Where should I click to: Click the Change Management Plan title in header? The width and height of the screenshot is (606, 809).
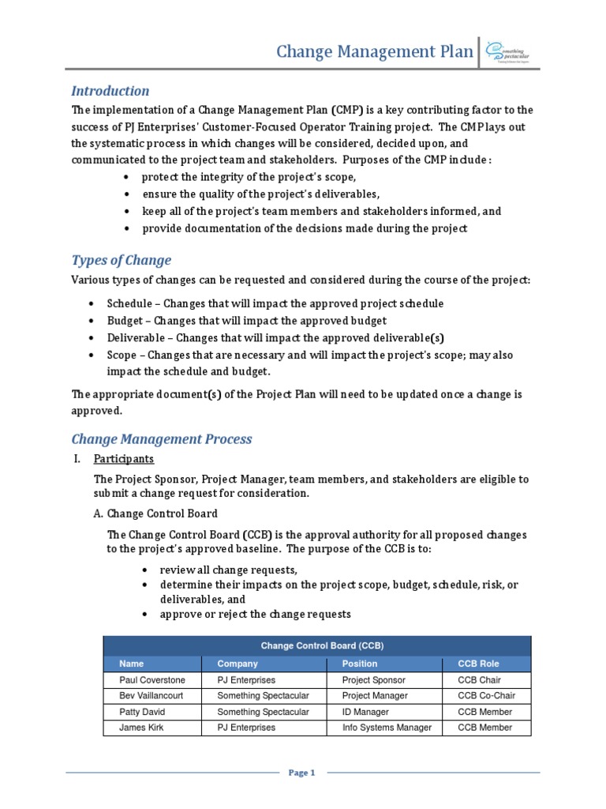(x=374, y=52)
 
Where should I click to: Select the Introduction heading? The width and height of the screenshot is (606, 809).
(x=110, y=91)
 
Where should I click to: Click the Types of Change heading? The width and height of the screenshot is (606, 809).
(x=121, y=260)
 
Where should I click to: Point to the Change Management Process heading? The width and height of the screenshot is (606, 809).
(x=162, y=438)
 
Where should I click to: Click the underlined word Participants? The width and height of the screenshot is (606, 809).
(x=124, y=459)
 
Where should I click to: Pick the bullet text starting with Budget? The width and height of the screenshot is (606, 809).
(x=246, y=320)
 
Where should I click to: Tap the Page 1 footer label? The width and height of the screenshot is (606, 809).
(x=302, y=773)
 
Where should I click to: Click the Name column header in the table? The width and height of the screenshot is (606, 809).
(x=132, y=664)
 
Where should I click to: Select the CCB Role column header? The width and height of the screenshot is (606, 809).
(x=478, y=664)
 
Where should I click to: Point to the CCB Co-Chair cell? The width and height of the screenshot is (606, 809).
(x=486, y=696)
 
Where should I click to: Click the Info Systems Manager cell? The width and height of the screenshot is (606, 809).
(x=387, y=728)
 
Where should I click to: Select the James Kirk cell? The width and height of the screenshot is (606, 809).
(x=141, y=728)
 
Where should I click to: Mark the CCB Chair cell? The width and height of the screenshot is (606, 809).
(x=479, y=679)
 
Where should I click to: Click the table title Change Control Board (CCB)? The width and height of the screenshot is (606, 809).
(x=317, y=645)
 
